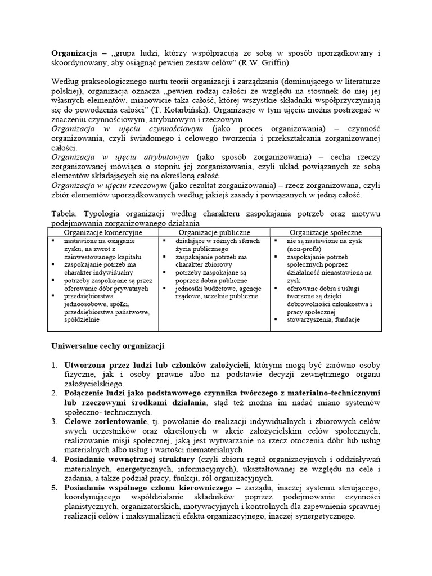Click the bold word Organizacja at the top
73,53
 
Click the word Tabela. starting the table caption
64,214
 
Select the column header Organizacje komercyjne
103,232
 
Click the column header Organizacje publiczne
214,232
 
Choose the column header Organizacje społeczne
326,232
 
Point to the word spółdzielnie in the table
82,319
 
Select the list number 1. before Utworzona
55,364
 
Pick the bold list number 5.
55,488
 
